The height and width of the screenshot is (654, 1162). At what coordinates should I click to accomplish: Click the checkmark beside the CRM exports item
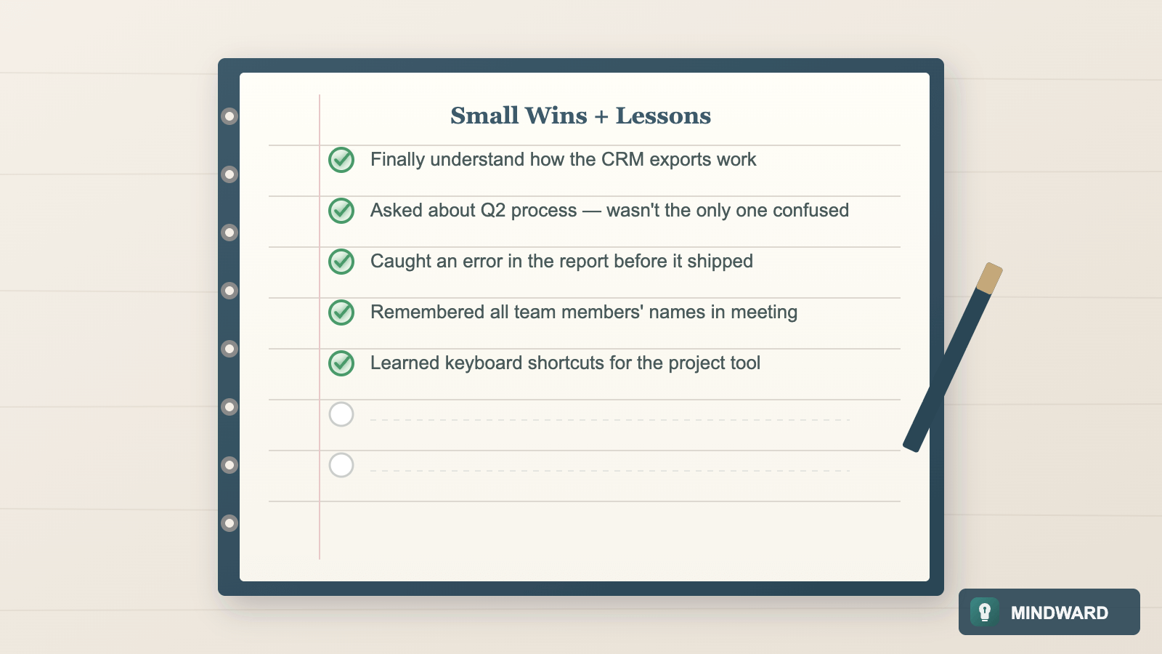[x=341, y=160]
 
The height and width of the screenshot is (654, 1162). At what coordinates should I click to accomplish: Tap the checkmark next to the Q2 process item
[x=341, y=211]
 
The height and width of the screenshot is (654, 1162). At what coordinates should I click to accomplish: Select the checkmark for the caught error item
[x=341, y=262]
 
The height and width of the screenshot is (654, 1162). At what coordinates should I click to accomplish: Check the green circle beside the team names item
[x=341, y=312]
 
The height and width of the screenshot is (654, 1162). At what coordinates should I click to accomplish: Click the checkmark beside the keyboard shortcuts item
[x=341, y=363]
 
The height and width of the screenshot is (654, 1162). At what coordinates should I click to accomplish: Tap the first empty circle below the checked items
[x=341, y=414]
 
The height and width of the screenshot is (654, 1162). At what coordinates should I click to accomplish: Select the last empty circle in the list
[x=341, y=465]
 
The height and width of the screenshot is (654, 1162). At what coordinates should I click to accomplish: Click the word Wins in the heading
[x=556, y=116]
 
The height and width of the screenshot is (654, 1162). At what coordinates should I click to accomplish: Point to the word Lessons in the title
[x=663, y=116]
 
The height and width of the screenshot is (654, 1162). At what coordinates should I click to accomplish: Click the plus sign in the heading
[x=601, y=116]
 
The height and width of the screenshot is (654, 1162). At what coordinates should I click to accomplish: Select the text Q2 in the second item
[x=493, y=211]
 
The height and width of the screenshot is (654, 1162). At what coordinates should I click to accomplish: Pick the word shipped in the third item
[x=720, y=262]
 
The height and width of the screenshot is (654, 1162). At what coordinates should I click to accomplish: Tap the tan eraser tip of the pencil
[x=989, y=278]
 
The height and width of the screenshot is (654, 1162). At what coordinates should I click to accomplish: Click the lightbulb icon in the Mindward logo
[x=985, y=612]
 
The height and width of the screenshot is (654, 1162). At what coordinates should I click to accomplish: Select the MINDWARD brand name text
[x=1060, y=613]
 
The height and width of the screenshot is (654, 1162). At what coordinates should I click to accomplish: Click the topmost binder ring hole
[x=229, y=116]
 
